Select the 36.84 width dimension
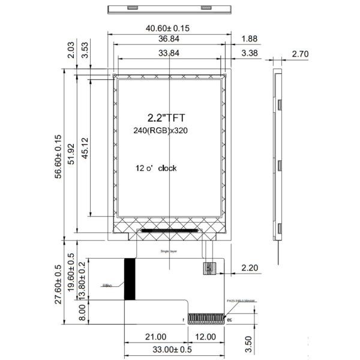[169, 39]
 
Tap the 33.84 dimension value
[169, 53]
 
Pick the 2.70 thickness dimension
[300, 54]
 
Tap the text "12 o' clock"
[156, 168]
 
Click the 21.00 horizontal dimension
[155, 337]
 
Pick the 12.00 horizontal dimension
[206, 337]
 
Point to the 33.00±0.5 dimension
[174, 350]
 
